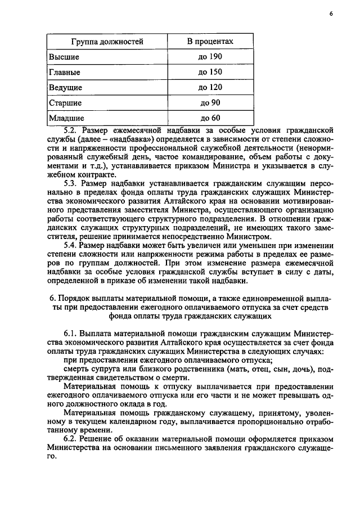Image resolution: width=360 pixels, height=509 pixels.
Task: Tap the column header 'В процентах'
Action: click(210, 42)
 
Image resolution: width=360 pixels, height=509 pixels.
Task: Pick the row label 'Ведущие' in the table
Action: click(66, 88)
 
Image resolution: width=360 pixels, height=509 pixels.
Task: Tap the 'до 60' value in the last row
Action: click(210, 118)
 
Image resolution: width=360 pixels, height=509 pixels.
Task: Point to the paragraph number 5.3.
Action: click(71, 183)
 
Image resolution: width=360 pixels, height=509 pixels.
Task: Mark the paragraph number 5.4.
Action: click(71, 245)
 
